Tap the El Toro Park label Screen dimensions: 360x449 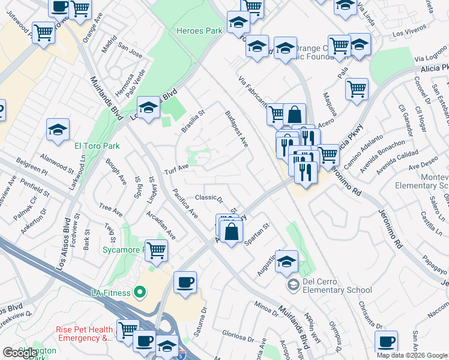(x=97, y=146)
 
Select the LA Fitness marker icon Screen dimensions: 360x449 (x=140, y=293)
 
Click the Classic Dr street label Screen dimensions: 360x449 (x=209, y=199)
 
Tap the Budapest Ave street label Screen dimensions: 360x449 (x=237, y=128)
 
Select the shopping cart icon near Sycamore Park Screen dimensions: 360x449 (x=156, y=250)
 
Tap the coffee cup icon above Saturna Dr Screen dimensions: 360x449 (x=185, y=282)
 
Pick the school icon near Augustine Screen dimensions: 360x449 (x=288, y=261)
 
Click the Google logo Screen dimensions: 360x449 (x=19, y=353)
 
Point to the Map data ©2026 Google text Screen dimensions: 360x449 (x=412, y=355)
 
